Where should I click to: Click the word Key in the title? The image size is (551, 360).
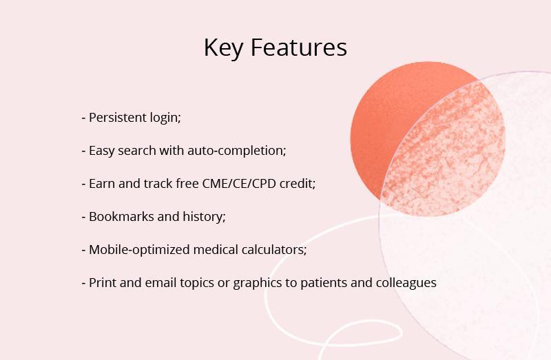point(223,47)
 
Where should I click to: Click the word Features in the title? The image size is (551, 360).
point(299,47)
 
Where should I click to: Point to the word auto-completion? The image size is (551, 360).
point(237,151)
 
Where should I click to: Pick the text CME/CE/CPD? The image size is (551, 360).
point(239,184)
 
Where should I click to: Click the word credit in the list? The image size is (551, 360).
point(298,183)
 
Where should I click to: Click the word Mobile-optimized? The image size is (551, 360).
point(139,250)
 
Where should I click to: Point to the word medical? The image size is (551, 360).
point(216,249)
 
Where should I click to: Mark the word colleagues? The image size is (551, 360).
point(406,283)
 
